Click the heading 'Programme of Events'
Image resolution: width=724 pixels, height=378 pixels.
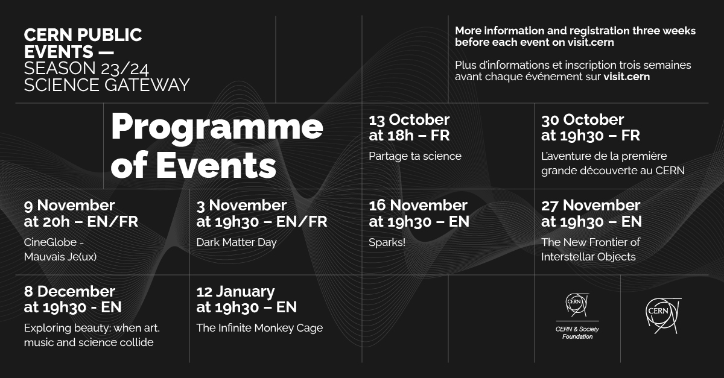[217, 145]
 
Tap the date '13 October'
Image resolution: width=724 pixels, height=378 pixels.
[409, 120]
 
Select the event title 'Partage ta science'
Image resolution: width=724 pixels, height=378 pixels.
[415, 156]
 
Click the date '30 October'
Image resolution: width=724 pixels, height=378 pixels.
[582, 120]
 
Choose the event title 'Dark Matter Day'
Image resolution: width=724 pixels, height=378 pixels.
[237, 242]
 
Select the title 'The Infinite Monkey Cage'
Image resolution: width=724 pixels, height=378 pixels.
[259, 328]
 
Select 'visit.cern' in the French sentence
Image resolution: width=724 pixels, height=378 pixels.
[626, 77]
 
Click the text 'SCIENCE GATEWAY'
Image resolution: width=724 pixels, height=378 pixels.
[107, 85]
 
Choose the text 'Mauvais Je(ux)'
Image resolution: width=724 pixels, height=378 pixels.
[60, 256]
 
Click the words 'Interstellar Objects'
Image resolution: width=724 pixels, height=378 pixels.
[588, 257]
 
